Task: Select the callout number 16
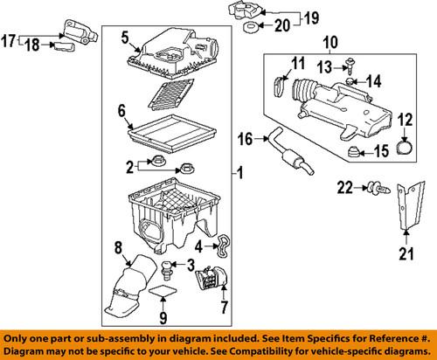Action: (x=246, y=137)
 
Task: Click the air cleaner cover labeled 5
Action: (x=174, y=52)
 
